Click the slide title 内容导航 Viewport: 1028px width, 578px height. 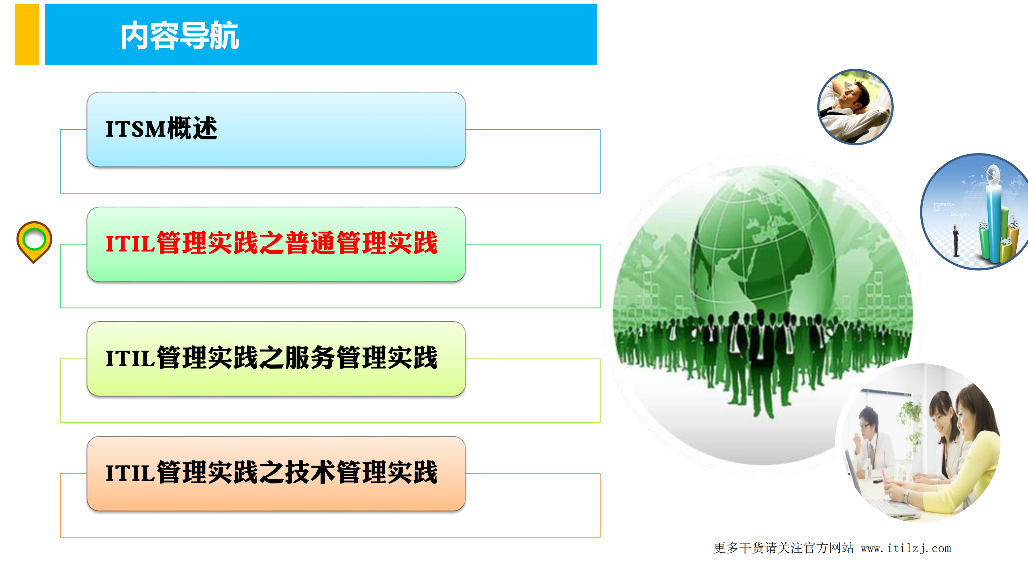click(x=180, y=35)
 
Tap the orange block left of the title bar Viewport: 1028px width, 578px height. click(x=27, y=34)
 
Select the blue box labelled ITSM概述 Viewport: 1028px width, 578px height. click(x=276, y=129)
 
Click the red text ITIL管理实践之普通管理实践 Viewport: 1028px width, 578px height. click(x=271, y=243)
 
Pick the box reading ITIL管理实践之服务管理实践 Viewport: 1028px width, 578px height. click(x=276, y=359)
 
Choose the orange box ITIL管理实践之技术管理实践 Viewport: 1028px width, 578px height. click(x=276, y=474)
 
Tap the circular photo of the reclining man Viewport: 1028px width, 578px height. click(x=855, y=107)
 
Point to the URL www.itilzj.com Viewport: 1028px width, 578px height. click(x=906, y=548)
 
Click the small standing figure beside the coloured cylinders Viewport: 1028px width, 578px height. click(x=956, y=241)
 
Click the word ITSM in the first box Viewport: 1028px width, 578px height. click(x=135, y=129)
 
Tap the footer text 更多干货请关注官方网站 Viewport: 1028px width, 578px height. click(x=783, y=548)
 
